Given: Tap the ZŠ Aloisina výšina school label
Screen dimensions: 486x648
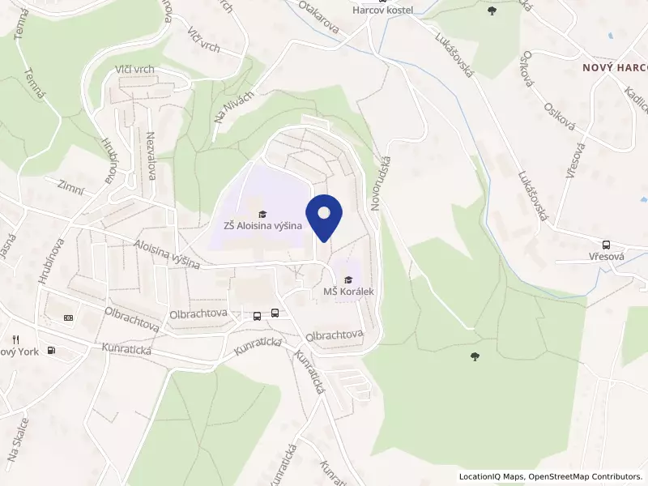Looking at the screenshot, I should pyautogui.click(x=258, y=226).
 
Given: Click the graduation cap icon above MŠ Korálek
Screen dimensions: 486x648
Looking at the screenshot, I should pyautogui.click(x=348, y=279).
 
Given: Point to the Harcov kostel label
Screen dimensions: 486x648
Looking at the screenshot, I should pyautogui.click(x=383, y=10).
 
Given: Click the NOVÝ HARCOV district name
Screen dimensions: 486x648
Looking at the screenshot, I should pyautogui.click(x=615, y=68).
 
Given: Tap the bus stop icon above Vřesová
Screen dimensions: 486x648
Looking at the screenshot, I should pyautogui.click(x=606, y=245).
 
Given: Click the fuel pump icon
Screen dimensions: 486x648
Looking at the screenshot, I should pyautogui.click(x=52, y=350).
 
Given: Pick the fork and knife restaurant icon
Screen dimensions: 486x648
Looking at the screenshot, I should pyautogui.click(x=15, y=339).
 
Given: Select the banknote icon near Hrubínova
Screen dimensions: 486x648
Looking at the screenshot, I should pyautogui.click(x=68, y=318).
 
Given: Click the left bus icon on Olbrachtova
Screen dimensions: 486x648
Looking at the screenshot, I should pyautogui.click(x=258, y=315).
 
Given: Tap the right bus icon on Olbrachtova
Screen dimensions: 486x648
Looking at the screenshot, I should pyautogui.click(x=275, y=313).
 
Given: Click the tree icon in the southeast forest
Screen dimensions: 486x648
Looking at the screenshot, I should pyautogui.click(x=475, y=356).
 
